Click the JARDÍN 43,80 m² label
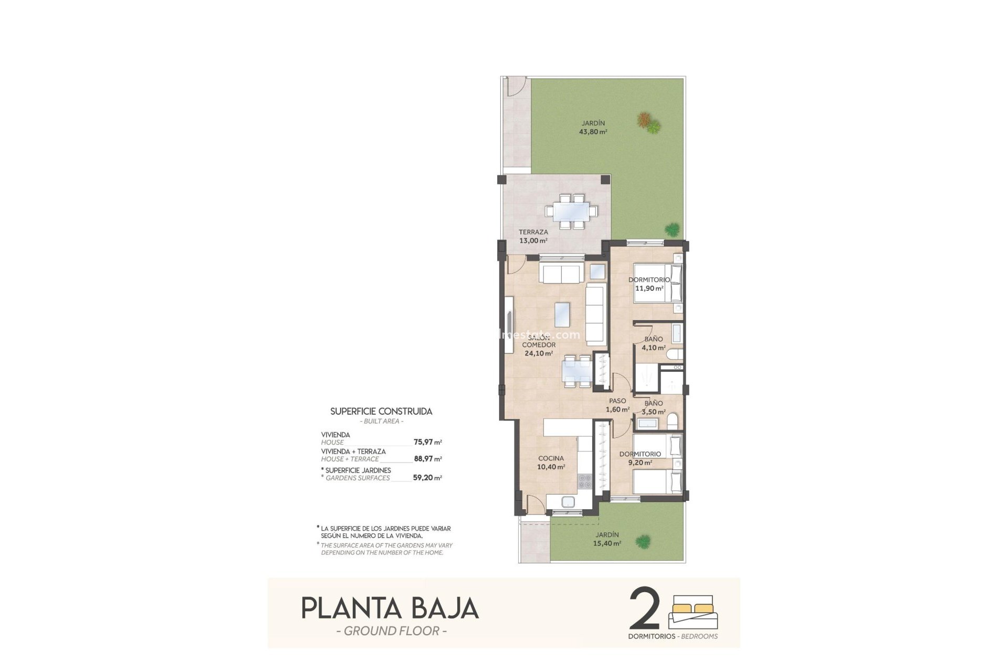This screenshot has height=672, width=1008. point(593,128)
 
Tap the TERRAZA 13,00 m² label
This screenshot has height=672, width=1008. point(533,236)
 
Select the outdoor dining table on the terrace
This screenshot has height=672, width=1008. point(571,211)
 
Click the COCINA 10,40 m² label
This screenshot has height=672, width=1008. point(551,463)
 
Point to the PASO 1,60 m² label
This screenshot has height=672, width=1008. point(617,405)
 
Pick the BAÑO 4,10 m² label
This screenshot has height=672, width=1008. point(654,343)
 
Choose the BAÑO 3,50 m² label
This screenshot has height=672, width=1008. point(654,407)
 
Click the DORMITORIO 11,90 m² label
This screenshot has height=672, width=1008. point(649,284)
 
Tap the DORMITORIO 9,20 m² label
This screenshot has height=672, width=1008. point(639,458)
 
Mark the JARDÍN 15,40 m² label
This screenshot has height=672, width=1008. point(607,539)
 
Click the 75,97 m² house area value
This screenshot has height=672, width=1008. point(427,442)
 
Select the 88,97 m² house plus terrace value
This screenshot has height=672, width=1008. point(427,459)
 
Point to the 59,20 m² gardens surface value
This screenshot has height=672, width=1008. point(427,478)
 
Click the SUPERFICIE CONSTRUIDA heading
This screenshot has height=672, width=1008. point(381,412)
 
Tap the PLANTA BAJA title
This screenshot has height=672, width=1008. point(390,608)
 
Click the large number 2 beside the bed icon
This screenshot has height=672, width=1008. point(644,609)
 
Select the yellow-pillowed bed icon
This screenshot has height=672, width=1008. point(694,612)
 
